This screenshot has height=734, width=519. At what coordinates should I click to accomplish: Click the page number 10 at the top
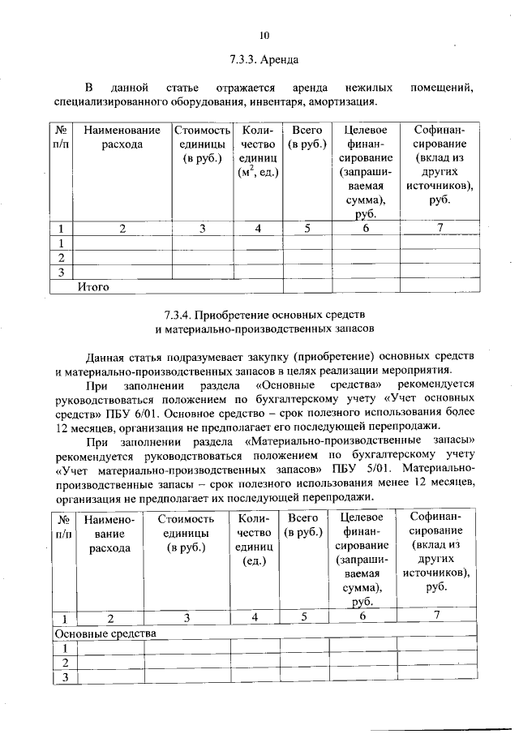[x=264, y=34]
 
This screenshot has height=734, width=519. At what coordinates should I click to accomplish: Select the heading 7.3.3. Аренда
[x=264, y=60]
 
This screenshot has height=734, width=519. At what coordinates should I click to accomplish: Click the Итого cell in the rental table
[x=93, y=286]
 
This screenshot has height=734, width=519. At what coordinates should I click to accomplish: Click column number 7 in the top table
[x=439, y=228]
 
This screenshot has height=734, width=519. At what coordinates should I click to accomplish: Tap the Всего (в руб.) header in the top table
[x=307, y=137]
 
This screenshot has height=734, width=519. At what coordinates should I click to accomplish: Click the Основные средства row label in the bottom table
[x=105, y=633]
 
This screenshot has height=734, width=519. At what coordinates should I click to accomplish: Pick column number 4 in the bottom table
[x=254, y=617]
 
